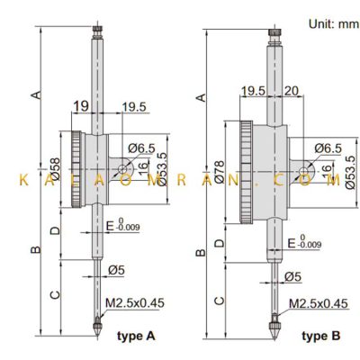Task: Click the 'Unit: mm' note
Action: pos(334,24)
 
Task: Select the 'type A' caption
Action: pos(136,336)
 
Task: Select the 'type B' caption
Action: pos(321,336)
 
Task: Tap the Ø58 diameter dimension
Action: pos(56,169)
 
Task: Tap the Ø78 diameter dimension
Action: pos(220,172)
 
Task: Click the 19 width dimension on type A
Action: pos(82,106)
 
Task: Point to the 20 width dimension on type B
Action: pos(292,91)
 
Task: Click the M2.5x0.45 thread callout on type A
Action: pos(135,303)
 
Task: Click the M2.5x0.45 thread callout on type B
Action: pos(319,303)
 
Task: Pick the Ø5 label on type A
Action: pos(116,270)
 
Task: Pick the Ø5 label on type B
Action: pos(292,276)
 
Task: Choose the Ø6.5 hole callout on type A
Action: pos(141,148)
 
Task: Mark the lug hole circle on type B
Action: pos(303,172)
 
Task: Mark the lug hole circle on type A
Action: pos(122,169)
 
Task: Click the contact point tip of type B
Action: pos(274,338)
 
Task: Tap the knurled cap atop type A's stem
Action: pos(97,29)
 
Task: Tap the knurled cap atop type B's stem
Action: pos(274,32)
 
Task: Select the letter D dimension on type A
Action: pos(56,230)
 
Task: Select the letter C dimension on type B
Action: pos(220,301)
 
